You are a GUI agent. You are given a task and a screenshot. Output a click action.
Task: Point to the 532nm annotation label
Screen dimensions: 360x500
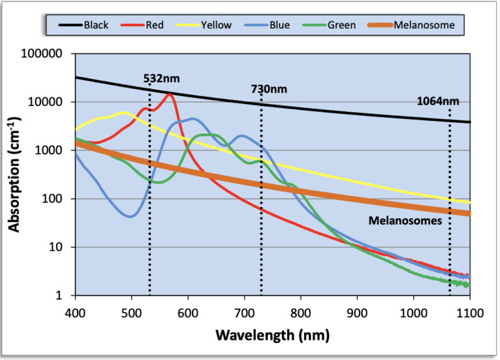tap(161, 79)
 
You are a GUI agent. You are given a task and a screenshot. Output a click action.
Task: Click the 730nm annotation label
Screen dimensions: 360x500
tap(269, 89)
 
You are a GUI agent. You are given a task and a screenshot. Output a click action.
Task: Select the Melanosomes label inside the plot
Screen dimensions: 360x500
tap(406, 221)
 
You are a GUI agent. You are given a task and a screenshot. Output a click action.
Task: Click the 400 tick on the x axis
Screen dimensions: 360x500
tap(76, 311)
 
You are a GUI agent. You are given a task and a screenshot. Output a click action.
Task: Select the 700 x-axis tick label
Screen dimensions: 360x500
tap(244, 311)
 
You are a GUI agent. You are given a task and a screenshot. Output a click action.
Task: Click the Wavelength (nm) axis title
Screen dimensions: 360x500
tap(272, 336)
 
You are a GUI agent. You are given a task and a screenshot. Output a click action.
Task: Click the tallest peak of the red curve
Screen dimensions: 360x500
tap(170, 94)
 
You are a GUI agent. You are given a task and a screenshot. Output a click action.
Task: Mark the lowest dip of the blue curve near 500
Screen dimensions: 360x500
tap(131, 216)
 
